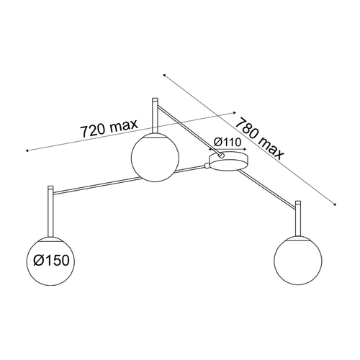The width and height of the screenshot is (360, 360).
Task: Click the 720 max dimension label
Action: [x=109, y=128]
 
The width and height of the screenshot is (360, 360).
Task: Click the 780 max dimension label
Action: [x=260, y=139]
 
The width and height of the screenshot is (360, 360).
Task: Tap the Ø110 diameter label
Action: [x=227, y=142]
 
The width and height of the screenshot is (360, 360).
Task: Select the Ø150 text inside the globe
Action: [x=51, y=260]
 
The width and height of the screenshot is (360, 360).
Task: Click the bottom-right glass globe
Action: [x=298, y=261]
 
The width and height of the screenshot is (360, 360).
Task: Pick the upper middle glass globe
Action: [x=155, y=157]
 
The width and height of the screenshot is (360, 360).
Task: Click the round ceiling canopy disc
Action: [x=228, y=161]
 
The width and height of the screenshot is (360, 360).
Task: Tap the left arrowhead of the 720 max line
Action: [x=27, y=150]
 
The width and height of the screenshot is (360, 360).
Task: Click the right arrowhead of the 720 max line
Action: [x=235, y=112]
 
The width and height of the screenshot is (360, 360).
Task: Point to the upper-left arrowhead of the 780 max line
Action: [x=165, y=76]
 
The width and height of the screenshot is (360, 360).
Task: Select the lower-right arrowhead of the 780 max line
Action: [x=335, y=204]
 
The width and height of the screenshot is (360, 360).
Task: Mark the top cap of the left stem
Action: [x=50, y=187]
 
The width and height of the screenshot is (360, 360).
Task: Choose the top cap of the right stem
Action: [x=298, y=202]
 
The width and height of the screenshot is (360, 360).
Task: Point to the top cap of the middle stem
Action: [x=155, y=99]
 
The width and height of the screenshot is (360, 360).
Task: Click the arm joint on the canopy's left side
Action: [x=207, y=166]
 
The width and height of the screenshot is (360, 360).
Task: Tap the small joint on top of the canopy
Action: [x=221, y=155]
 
